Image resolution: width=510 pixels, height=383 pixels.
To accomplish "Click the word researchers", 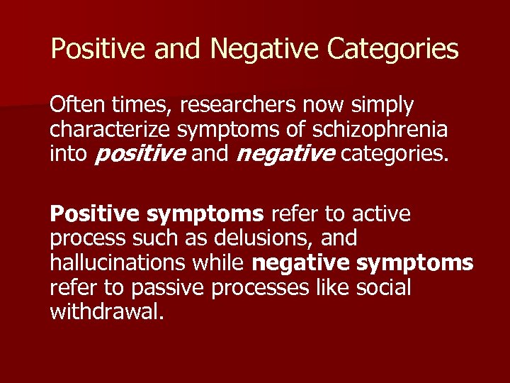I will pyautogui.click(x=239, y=106).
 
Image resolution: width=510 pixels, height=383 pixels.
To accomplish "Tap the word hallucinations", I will pyautogui.click(x=117, y=263).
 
